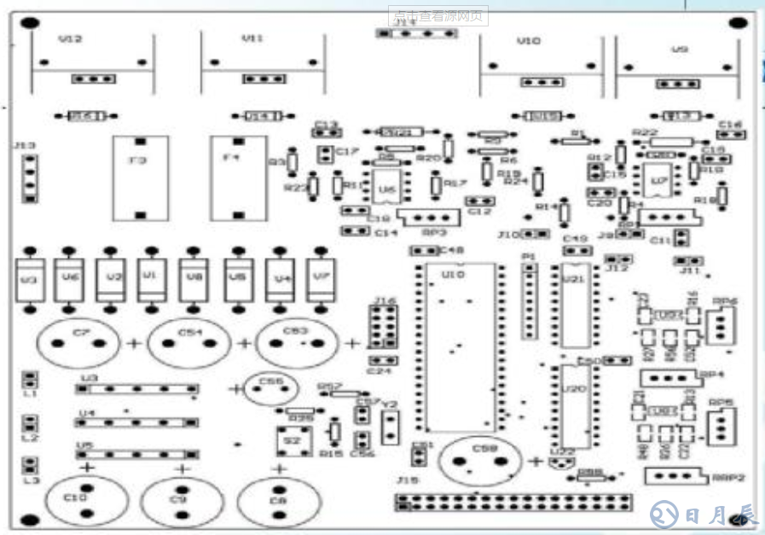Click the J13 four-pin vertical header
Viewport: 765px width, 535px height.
(x=31, y=178)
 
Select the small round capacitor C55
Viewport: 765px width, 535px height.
(x=269, y=389)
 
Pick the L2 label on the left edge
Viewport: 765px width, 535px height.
(x=30, y=438)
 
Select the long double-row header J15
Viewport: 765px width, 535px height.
(x=513, y=501)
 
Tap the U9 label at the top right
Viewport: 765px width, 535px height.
(x=679, y=49)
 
